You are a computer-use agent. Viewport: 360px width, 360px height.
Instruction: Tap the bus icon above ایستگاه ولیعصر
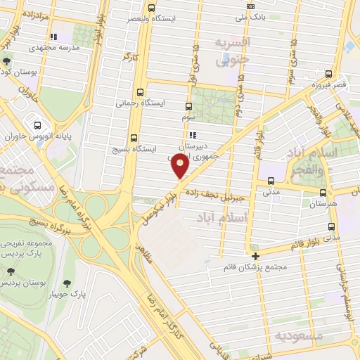153,7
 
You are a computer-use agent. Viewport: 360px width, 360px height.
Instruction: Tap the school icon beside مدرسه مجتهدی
52,37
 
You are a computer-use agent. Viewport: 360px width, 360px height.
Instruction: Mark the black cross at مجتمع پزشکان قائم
255,256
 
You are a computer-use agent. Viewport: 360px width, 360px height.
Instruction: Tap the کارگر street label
127,55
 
